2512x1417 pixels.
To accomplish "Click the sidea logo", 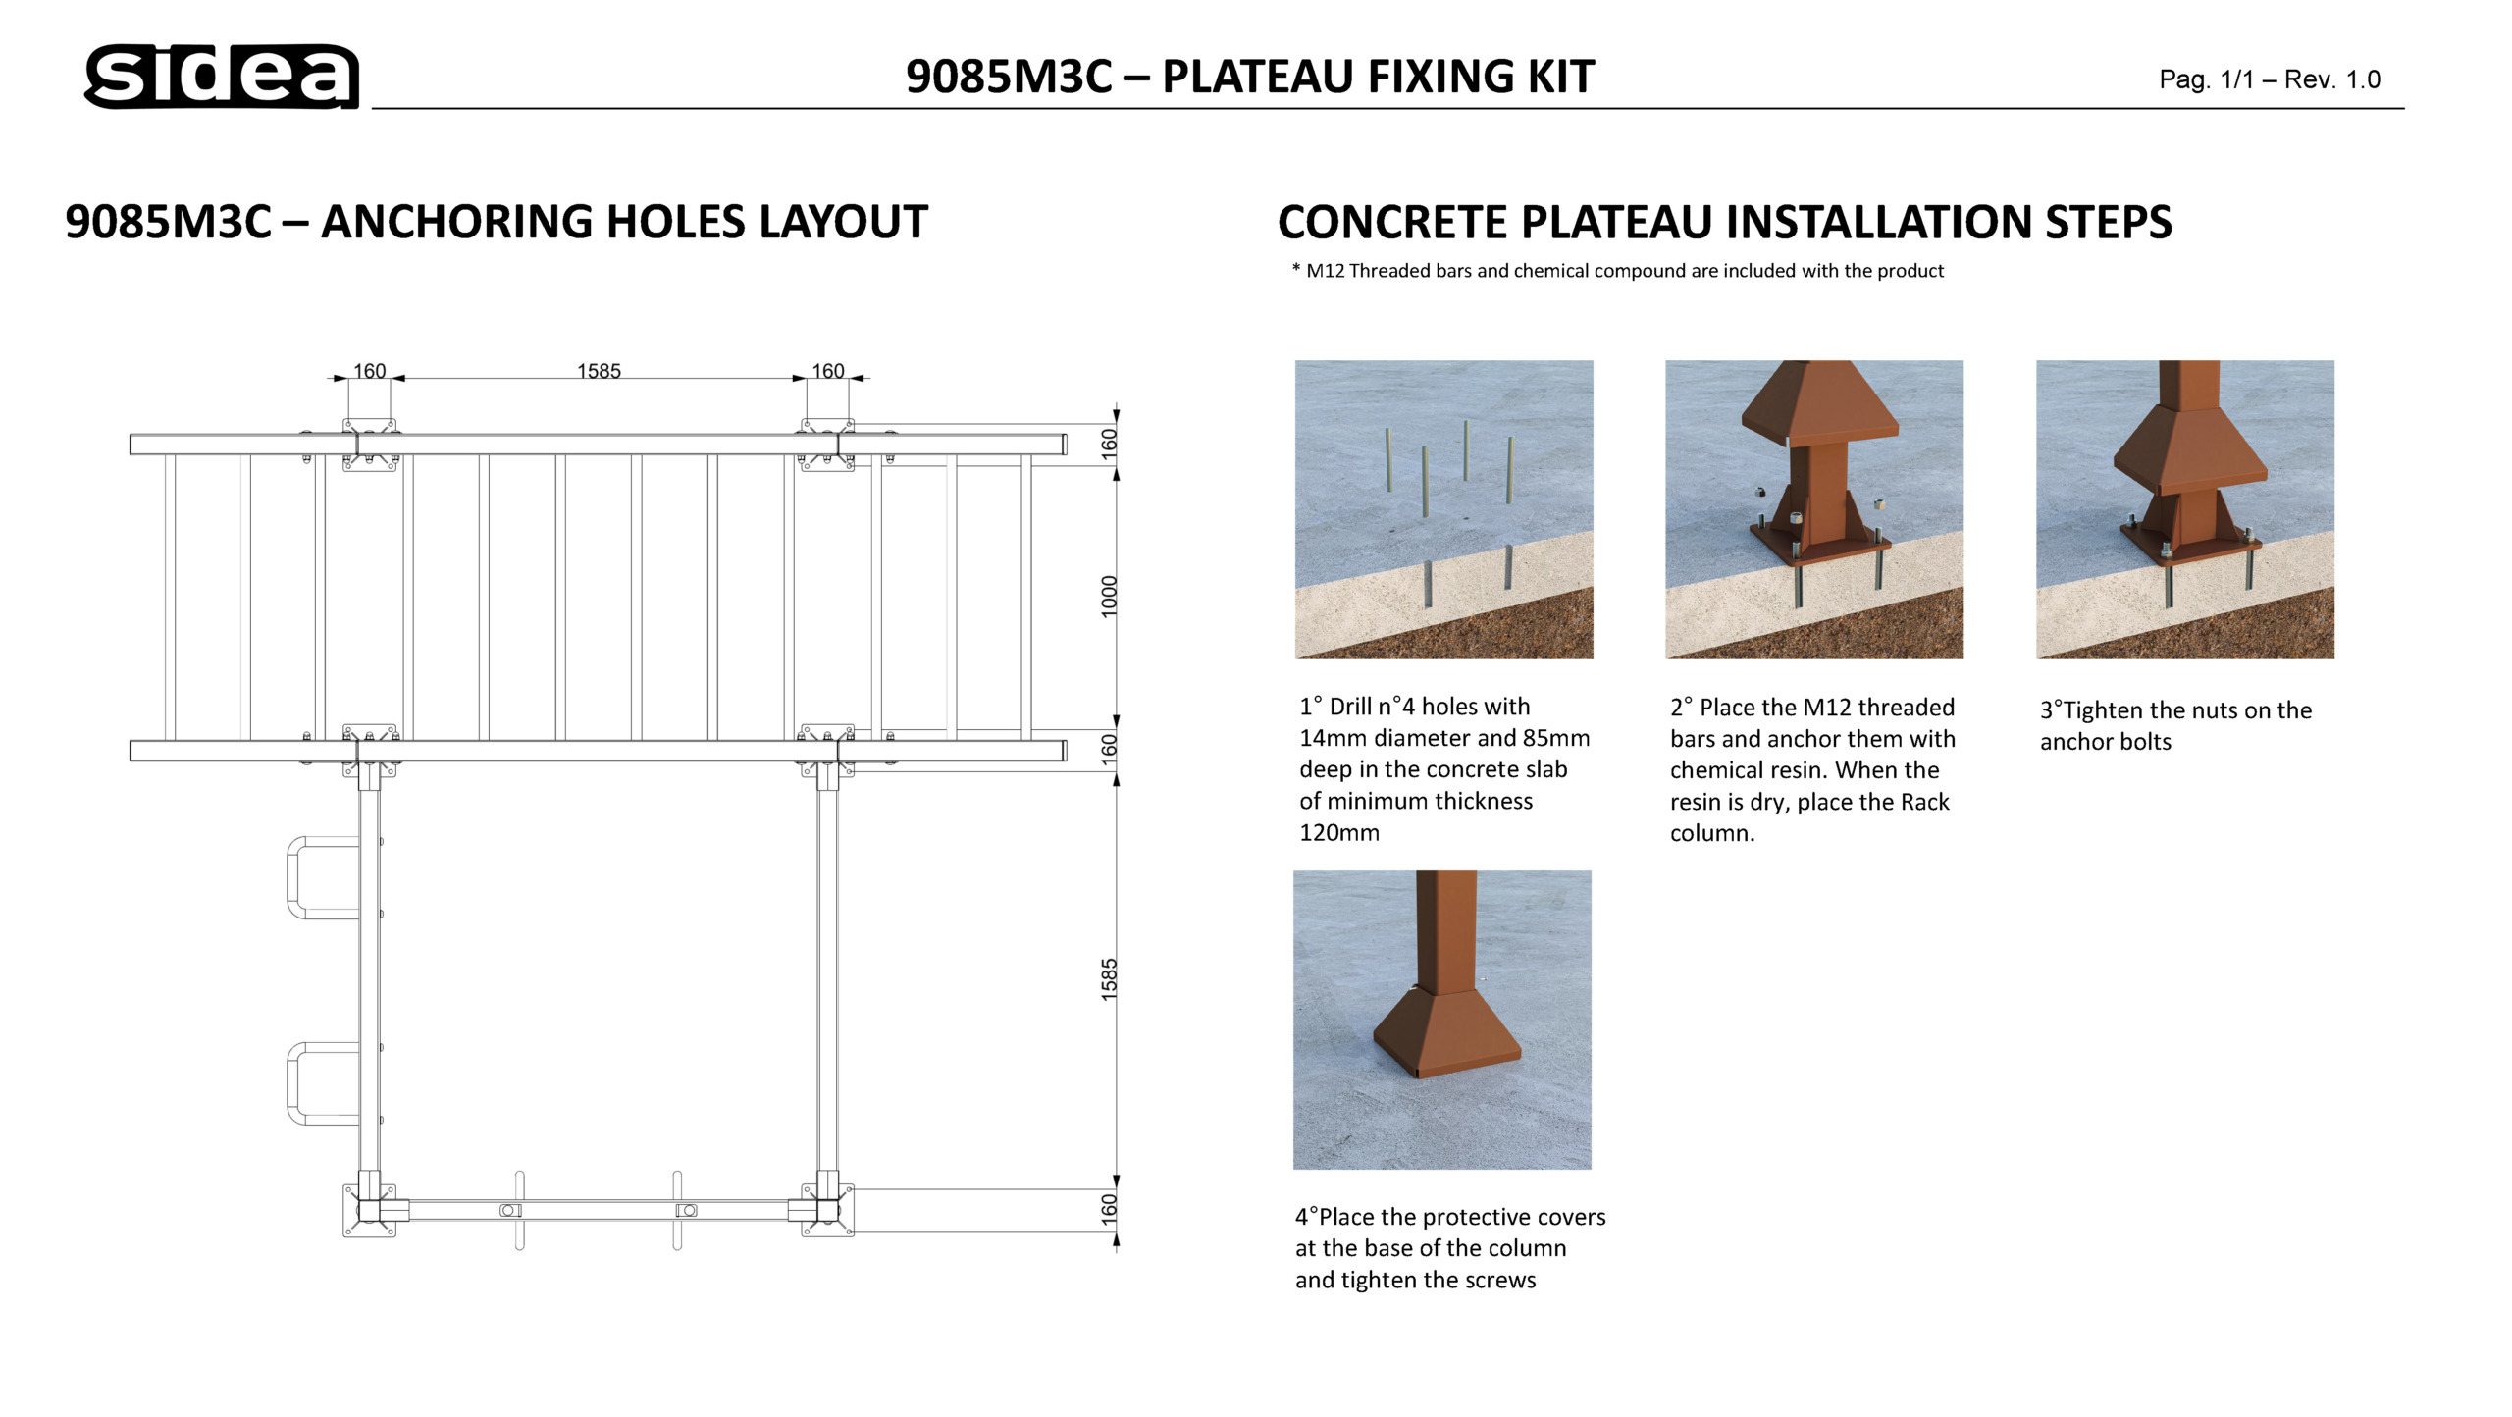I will coord(222,76).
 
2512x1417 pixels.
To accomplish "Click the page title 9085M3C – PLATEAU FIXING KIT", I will coord(1249,77).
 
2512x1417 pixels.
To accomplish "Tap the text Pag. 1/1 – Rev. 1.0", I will coord(2269,79).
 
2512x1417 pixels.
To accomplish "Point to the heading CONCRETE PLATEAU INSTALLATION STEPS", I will coord(1724,222).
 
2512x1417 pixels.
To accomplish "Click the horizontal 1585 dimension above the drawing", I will coord(599,371).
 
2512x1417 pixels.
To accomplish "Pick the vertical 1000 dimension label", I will coord(1109,597).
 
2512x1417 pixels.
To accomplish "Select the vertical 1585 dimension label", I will coord(1109,979).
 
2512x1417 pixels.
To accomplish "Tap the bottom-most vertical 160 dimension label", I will coord(1109,1208).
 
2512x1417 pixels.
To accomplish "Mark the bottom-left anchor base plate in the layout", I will coord(369,1210).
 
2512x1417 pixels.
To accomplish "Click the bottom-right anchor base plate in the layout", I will coord(827,1210).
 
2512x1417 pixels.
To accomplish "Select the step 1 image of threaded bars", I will coord(1443,509).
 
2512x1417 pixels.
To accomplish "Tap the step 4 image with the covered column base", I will coord(1441,1020).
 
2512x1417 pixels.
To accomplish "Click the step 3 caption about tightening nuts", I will coord(2175,725).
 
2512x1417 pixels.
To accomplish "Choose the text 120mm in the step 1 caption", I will coord(1339,833).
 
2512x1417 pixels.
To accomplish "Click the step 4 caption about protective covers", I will coord(1449,1248).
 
